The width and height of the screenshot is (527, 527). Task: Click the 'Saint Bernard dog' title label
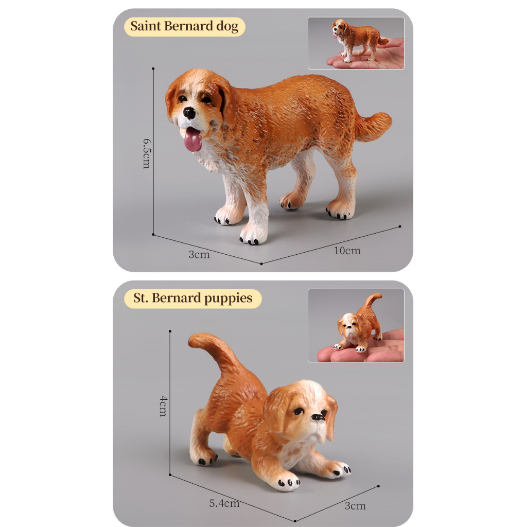point(185,27)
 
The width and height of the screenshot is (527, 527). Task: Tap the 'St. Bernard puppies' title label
point(192,298)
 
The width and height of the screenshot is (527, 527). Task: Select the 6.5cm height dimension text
point(147,153)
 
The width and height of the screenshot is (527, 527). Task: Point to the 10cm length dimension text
point(347,251)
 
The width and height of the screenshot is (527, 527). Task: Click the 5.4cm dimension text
point(224,503)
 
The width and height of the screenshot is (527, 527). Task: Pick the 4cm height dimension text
point(163,406)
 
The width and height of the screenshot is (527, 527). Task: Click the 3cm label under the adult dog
point(199,255)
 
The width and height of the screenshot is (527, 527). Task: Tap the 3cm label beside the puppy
point(355,506)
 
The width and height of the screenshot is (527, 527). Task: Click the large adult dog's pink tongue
point(193,139)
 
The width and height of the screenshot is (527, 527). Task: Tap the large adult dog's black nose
point(189,113)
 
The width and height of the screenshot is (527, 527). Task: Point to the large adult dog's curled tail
point(374,126)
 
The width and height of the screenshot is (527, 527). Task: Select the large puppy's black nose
point(318,417)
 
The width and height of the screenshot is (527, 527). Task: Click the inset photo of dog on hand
point(356,43)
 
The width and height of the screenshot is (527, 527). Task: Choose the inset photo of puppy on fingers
point(356,325)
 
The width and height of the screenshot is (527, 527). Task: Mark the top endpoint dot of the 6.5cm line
point(153,68)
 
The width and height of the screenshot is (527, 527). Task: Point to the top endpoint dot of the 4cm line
point(170,331)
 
